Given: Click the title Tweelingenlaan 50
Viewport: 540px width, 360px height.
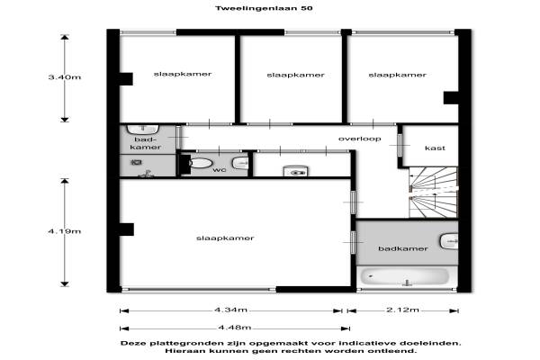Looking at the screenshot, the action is [264, 8].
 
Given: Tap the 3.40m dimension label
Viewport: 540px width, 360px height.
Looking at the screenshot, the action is [65, 77].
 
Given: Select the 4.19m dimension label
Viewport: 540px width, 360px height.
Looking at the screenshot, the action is [65, 231].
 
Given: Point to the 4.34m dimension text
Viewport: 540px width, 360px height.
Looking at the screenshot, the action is [230, 310].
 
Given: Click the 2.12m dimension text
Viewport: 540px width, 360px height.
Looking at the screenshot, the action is [402, 310].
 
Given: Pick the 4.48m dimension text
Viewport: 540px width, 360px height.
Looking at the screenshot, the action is [235, 328].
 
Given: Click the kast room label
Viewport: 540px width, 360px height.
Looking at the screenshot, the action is [435, 148].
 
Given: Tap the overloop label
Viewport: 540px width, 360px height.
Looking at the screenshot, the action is [359, 139].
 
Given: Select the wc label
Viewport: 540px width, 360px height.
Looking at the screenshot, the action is [220, 170].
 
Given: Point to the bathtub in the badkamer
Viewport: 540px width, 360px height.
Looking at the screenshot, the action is [405, 277].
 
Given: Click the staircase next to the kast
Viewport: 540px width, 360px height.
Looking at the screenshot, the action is [434, 193].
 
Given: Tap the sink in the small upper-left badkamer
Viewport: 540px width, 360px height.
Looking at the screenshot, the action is [143, 130].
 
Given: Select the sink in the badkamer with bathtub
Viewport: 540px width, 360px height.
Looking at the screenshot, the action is [449, 241].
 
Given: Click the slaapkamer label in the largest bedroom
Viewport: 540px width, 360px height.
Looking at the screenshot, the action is [225, 238].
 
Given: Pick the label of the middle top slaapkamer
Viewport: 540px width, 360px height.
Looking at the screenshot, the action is [296, 75].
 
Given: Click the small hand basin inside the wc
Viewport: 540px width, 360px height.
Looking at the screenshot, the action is [240, 163].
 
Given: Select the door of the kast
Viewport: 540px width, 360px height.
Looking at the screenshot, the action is [400, 145].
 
